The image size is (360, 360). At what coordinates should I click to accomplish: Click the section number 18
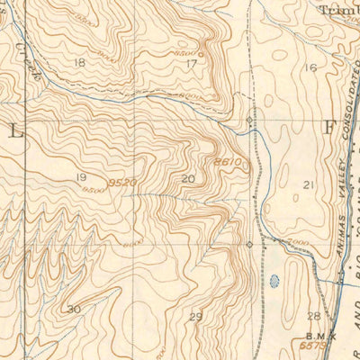tap(80, 62)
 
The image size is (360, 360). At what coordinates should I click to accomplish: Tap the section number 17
tap(191, 64)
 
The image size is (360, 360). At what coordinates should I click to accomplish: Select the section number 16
tap(311, 67)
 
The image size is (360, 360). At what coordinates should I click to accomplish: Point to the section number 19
tap(82, 178)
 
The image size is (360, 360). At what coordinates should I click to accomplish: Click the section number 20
tap(187, 179)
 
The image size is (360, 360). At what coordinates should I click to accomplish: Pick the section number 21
tap(309, 184)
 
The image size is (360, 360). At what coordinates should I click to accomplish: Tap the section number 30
tap(74, 309)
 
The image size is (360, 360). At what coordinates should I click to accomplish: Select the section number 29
tap(196, 316)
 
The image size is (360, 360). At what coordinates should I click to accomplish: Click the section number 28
tap(313, 316)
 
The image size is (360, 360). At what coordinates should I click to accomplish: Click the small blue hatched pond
tap(274, 280)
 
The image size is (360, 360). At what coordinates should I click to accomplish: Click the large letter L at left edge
tap(14, 130)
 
